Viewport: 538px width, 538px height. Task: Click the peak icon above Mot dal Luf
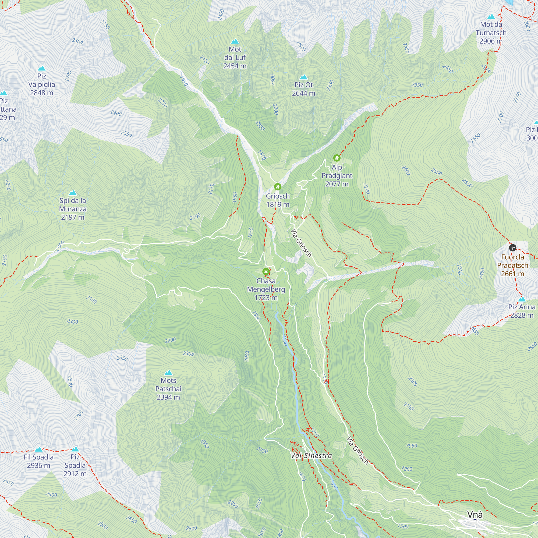[x=235, y=41]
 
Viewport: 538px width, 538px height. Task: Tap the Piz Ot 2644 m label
[x=303, y=89]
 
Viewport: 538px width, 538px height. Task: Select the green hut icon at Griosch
[x=278, y=187]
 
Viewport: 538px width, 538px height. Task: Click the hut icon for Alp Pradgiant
[x=337, y=158]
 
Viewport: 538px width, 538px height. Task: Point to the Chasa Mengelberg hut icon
[x=266, y=271]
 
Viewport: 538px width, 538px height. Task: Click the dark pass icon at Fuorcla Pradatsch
[x=512, y=247]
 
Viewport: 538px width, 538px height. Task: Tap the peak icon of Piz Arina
[x=522, y=299]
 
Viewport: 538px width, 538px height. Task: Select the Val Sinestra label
[x=311, y=456]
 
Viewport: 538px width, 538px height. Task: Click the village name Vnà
[x=475, y=515]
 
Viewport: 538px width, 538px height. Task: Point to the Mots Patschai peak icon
[x=168, y=373]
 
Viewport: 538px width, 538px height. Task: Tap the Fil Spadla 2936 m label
[x=39, y=461]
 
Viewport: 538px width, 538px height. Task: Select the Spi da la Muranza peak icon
[x=73, y=193]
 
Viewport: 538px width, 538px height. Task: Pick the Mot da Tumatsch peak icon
[x=491, y=17]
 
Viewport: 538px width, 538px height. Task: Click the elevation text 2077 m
[x=337, y=184]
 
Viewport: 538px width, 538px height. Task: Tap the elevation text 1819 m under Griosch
[x=278, y=205]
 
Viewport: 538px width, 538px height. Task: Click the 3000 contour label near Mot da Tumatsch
[x=527, y=26]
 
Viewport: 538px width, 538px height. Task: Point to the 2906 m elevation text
[x=491, y=41]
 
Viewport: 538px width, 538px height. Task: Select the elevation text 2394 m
[x=168, y=397]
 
